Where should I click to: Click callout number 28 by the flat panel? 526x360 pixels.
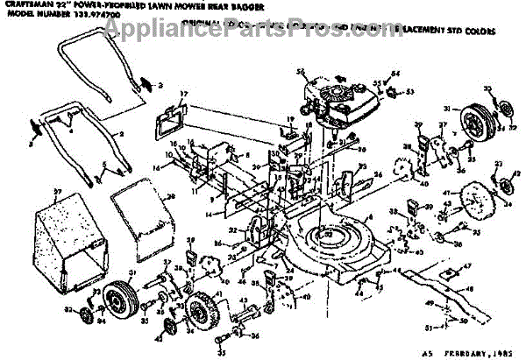pos(172,196)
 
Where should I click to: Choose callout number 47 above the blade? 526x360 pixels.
pos(468,265)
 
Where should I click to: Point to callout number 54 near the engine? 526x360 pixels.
pos(395,74)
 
